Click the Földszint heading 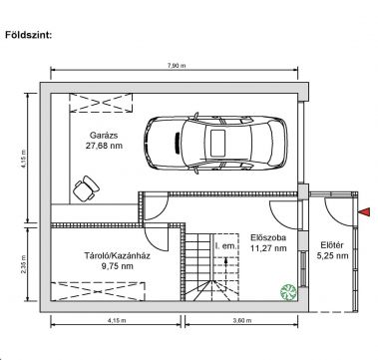tap(29, 35)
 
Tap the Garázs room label tap(104, 136)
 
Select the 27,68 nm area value tap(104, 146)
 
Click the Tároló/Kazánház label tap(117, 256)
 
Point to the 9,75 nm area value tap(118, 266)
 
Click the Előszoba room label tap(268, 237)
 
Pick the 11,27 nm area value tap(268, 248)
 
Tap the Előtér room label tap(332, 245)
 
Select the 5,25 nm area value tap(332, 255)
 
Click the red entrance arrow tap(364, 211)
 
